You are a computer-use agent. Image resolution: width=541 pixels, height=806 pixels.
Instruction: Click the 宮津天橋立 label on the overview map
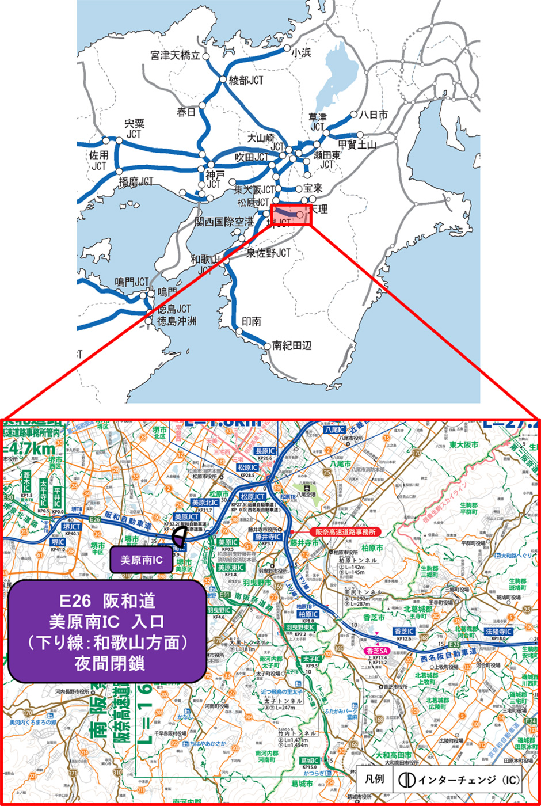(x=175, y=56)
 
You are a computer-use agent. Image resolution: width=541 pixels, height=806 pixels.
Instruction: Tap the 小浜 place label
(x=301, y=52)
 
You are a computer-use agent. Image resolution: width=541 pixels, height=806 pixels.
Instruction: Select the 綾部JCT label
(x=246, y=81)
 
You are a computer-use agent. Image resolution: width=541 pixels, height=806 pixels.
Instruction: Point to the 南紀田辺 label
(x=292, y=345)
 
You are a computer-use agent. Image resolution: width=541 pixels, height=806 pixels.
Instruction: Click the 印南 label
(x=251, y=322)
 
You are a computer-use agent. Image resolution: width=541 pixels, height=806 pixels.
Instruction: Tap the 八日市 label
(x=373, y=115)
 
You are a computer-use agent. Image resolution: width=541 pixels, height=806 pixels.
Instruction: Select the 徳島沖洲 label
(x=177, y=321)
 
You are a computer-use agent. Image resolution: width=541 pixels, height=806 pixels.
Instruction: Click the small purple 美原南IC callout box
(x=141, y=560)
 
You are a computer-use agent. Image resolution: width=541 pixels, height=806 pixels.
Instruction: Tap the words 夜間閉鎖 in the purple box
(x=108, y=663)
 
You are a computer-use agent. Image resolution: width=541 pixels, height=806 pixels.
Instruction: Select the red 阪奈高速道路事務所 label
(x=345, y=532)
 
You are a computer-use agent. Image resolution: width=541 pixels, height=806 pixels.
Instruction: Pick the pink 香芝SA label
(x=376, y=651)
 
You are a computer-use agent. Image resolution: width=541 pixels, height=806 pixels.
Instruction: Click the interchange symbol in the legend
(x=407, y=780)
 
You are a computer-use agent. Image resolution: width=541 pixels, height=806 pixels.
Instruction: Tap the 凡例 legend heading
(x=375, y=780)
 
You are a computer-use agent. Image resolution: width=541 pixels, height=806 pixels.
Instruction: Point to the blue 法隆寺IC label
(x=498, y=632)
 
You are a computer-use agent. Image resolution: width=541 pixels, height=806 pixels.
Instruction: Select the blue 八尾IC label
(x=334, y=430)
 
